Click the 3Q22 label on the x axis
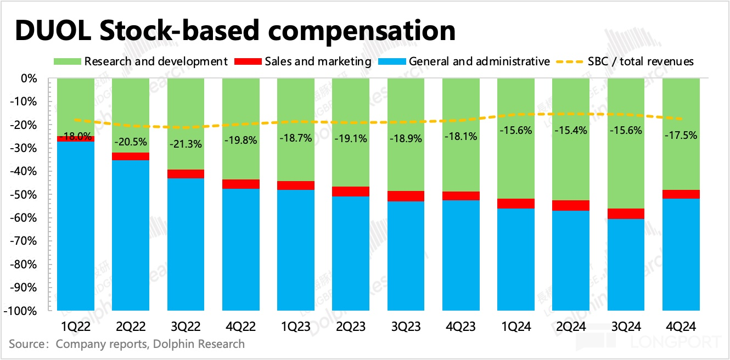[186, 327]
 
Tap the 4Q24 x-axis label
[681, 327]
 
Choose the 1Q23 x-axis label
[295, 327]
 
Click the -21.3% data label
[186, 144]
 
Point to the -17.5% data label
[681, 134]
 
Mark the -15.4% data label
[571, 130]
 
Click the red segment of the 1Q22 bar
[76, 139]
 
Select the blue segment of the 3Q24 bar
[626, 265]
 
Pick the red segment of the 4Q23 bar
[461, 196]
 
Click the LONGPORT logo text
[680, 342]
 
